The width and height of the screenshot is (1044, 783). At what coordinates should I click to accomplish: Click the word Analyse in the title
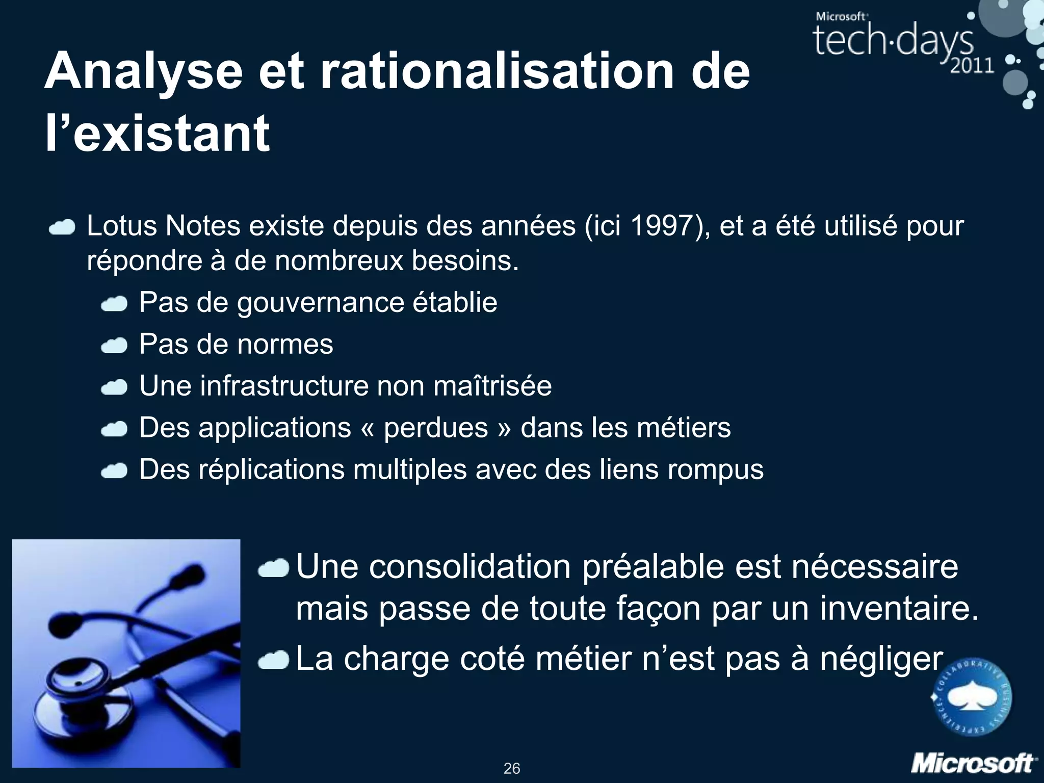pyautogui.click(x=143, y=71)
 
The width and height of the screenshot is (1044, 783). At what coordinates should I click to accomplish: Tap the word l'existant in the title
pyautogui.click(x=157, y=134)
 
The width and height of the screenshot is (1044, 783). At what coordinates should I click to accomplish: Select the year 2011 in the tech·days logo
pyautogui.click(x=972, y=66)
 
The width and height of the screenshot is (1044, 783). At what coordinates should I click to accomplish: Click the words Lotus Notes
pyautogui.click(x=163, y=226)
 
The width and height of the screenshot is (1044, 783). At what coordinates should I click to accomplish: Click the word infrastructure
pyautogui.click(x=283, y=386)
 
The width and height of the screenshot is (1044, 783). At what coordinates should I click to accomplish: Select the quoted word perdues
pyautogui.click(x=436, y=427)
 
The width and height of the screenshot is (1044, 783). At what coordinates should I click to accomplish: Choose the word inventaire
pyautogui.click(x=899, y=609)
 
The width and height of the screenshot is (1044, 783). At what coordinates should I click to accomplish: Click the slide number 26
pyautogui.click(x=512, y=768)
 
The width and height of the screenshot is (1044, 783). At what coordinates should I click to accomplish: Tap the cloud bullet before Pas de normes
pyautogui.click(x=114, y=346)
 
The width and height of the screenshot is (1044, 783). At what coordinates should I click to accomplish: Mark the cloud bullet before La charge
pyautogui.click(x=274, y=661)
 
